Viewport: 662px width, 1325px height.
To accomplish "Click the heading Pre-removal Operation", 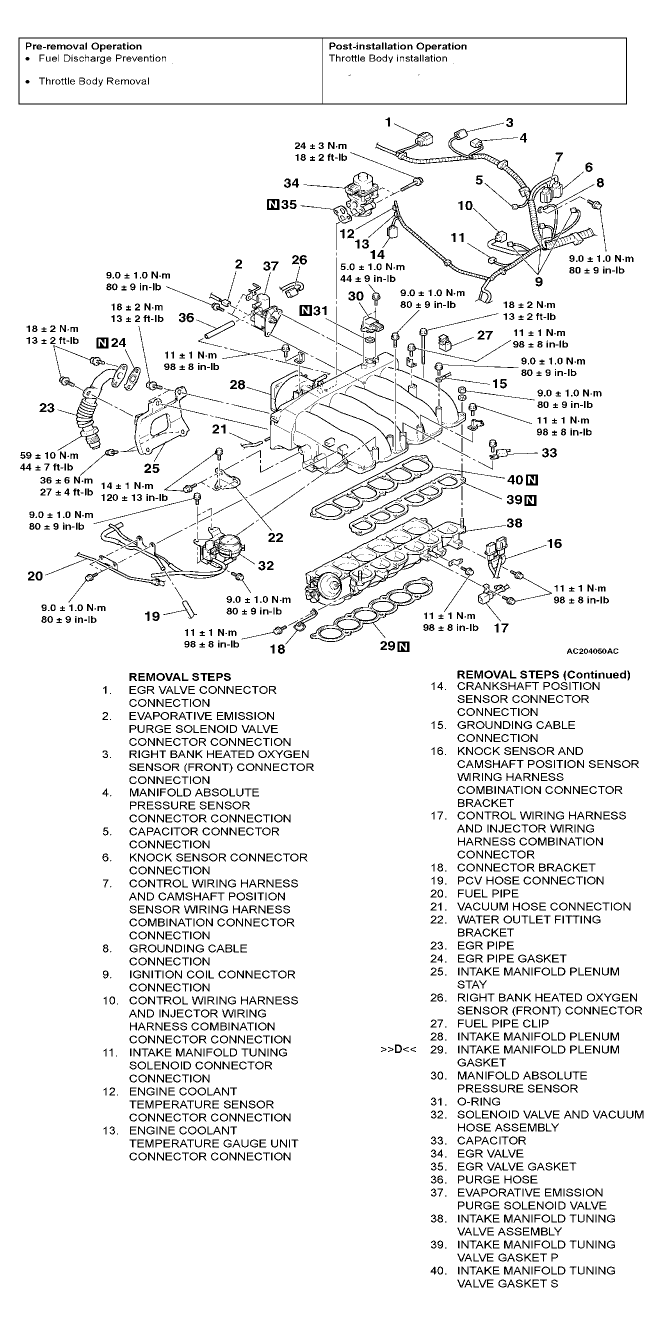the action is pos(83,46).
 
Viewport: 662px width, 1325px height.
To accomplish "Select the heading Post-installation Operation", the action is pos(397,46).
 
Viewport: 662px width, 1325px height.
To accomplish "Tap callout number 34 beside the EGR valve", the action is pos(291,183).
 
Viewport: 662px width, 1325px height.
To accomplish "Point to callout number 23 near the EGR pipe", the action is pos(47,408).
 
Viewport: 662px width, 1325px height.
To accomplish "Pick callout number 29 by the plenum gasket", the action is pos(387,645).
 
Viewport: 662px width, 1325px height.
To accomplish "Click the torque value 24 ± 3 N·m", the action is pos(320,146).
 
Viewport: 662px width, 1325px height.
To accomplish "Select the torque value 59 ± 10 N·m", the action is pos(49,455).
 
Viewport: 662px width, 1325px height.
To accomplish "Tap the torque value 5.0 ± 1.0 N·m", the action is pos(372,267).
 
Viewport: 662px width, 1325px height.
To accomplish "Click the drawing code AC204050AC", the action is pos(592,651).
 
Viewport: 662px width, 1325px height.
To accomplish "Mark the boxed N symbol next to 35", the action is pos(272,204).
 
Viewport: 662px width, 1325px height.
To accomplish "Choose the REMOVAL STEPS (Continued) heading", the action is pos(543,674).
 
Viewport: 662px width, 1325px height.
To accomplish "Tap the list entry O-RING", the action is pos(478,1101).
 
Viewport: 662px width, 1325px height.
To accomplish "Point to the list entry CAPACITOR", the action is pos(491,1140).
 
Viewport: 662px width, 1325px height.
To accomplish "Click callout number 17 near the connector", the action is pos(501,627).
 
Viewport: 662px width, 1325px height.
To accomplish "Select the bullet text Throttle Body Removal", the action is pos(94,81).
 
